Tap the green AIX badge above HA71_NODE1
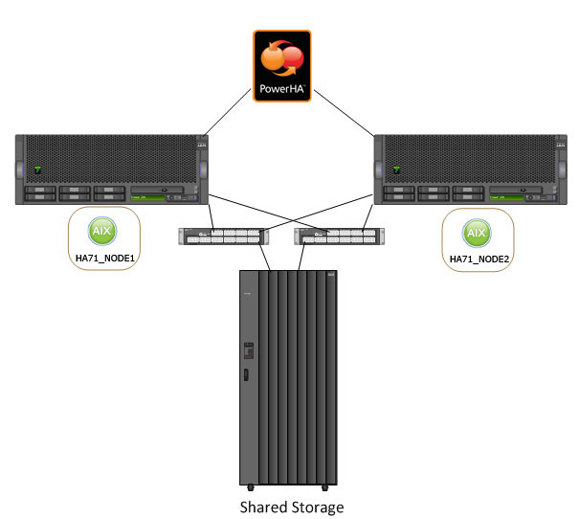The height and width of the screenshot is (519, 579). tap(101, 233)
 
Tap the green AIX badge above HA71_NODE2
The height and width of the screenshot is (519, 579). tap(475, 233)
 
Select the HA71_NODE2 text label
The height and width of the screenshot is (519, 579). tap(476, 259)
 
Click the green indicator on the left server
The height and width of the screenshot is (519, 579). tap(37, 170)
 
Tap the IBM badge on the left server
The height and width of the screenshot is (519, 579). tap(202, 146)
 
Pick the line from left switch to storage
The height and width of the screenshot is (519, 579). tap(264, 257)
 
